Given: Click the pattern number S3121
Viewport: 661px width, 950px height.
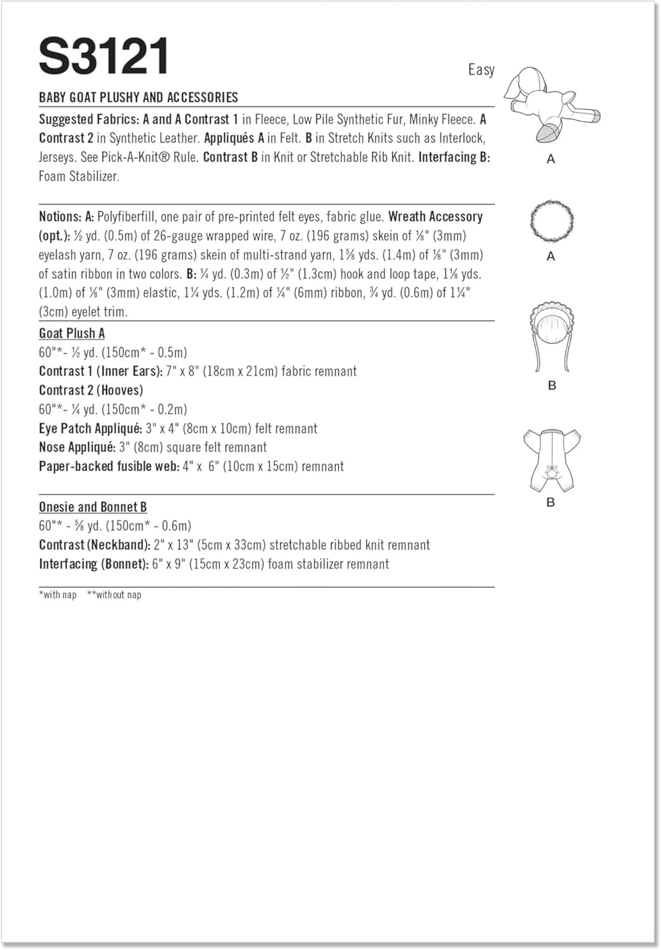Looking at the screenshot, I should pyautogui.click(x=104, y=56).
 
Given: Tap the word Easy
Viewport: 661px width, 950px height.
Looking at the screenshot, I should pyautogui.click(x=481, y=70).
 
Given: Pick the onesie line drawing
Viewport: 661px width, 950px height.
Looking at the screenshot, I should pyautogui.click(x=551, y=459).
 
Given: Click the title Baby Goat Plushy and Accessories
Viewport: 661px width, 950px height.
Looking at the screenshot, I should pyautogui.click(x=138, y=98).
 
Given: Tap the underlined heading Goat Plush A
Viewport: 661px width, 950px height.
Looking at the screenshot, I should pyautogui.click(x=72, y=334).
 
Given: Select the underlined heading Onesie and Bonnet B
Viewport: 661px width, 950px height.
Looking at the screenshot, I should pyautogui.click(x=92, y=507).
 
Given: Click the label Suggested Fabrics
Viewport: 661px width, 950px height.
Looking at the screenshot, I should pyautogui.click(x=89, y=120).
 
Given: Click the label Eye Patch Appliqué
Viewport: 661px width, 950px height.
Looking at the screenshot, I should pyautogui.click(x=90, y=429).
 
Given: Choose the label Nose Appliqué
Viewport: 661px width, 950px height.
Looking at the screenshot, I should pyautogui.click(x=77, y=448).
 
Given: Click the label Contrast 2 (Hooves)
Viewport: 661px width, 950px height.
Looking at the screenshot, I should pyautogui.click(x=91, y=391).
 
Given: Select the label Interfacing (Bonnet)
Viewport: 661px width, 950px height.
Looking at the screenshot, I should pyautogui.click(x=93, y=564).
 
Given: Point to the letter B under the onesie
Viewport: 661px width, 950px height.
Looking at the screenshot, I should pyautogui.click(x=551, y=502).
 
